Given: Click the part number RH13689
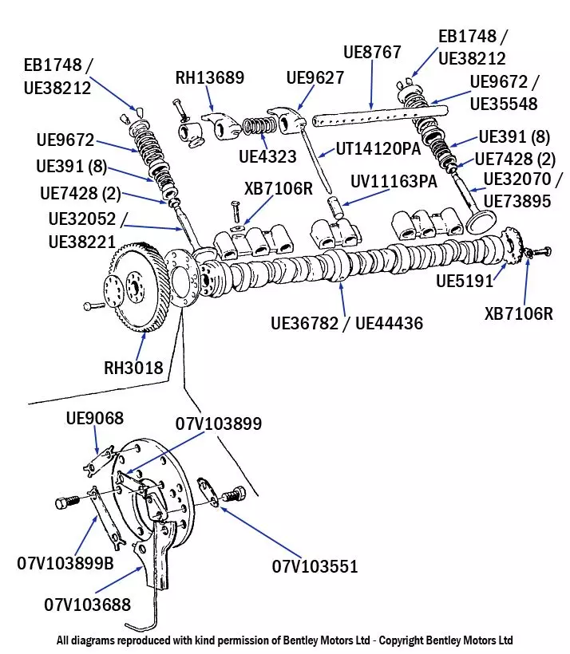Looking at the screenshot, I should [x=210, y=77].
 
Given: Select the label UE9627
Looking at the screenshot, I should [x=315, y=77].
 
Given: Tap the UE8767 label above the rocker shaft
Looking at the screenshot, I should [x=372, y=52].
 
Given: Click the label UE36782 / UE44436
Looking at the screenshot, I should [x=346, y=323].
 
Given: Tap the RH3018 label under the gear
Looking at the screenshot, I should [x=133, y=368].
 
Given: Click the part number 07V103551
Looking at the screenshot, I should [x=315, y=567].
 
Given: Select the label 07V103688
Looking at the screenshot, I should [x=87, y=605].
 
